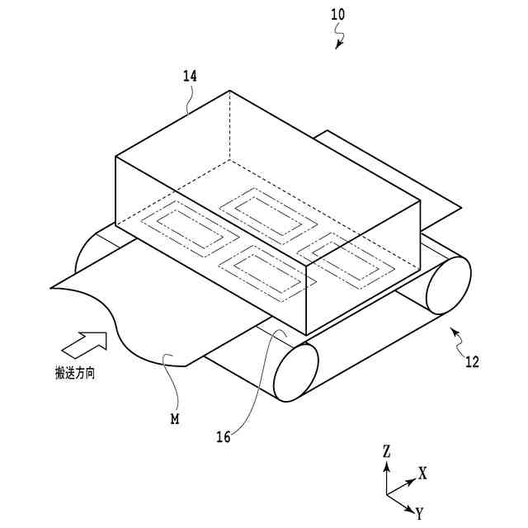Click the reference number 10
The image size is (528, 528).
tap(338, 14)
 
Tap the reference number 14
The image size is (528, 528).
tap(190, 76)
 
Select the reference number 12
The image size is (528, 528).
tap(471, 361)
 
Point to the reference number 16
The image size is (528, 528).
tap(223, 437)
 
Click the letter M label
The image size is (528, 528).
tap(175, 419)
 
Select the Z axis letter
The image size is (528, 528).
tap(386, 451)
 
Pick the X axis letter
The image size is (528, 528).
tap(422, 474)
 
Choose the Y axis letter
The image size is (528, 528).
tap(420, 514)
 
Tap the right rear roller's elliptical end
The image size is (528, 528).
tap(448, 285)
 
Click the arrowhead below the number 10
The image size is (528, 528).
tap(338, 46)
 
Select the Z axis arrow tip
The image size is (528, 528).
tap(387, 464)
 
